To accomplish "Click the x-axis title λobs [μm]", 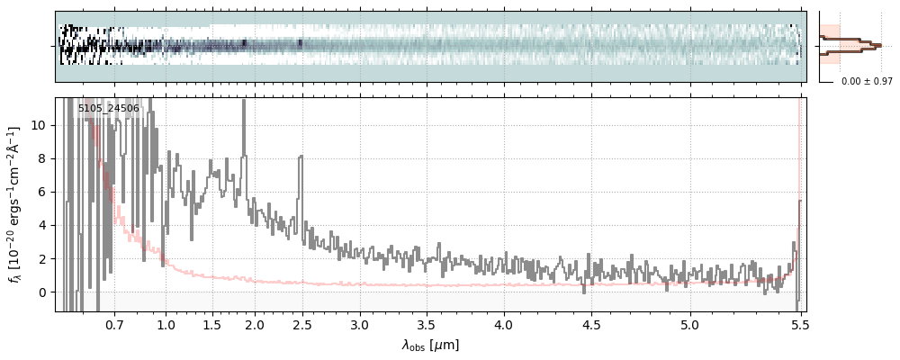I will click(x=430, y=344).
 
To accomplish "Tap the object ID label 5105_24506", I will click(x=109, y=108).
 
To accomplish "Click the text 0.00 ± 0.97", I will click(x=860, y=82).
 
